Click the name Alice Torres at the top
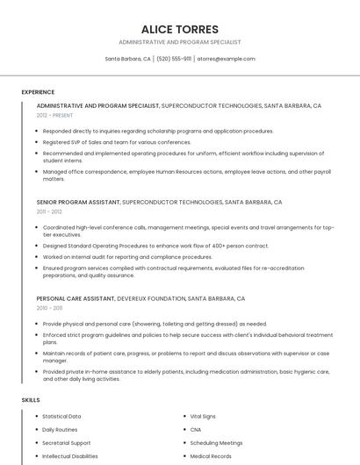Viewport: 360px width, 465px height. point(180,29)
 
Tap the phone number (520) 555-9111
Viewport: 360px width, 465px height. point(174,59)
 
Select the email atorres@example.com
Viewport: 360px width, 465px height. point(226,59)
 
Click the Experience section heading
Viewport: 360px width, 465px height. point(38,92)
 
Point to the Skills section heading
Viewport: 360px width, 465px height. point(31,400)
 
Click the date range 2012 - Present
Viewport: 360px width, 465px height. point(55,115)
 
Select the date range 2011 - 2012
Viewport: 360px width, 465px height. point(49,211)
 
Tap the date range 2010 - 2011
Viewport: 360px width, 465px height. point(49,308)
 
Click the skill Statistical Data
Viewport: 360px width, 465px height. point(61,416)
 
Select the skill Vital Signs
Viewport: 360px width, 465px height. point(203,416)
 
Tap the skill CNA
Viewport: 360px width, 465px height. point(196,430)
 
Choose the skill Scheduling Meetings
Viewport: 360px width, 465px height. point(216,443)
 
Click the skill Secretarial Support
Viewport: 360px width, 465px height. point(66,443)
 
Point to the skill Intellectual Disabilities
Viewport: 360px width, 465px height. point(70,456)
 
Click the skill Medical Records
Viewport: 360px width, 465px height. point(211,456)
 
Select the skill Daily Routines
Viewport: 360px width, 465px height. point(60,430)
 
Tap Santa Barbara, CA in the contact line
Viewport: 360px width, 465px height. point(128,59)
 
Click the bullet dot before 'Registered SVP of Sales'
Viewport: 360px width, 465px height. point(38,142)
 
